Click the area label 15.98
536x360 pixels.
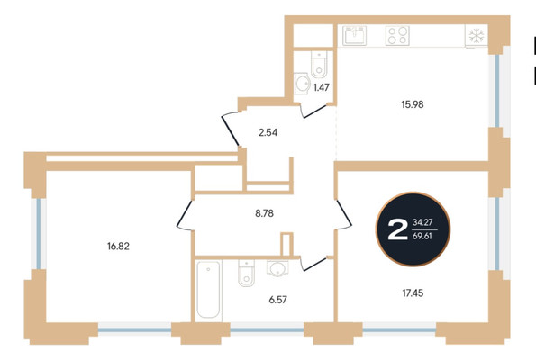[413, 104]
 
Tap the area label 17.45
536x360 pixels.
[413, 293]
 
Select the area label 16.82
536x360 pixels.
[118, 247]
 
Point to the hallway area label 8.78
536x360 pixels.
[264, 213]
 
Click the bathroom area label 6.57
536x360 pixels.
[277, 300]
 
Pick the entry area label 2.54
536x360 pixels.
[268, 132]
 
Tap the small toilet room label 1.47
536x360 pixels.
[322, 88]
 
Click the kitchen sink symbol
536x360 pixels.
[355, 35]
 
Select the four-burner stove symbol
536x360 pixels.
[397, 35]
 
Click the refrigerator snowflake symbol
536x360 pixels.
[477, 35]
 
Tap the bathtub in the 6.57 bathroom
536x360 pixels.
[208, 290]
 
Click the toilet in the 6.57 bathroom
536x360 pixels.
[247, 273]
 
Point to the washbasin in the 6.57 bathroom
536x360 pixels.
[277, 268]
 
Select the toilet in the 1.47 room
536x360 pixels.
[319, 64]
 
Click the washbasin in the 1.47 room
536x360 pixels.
[303, 83]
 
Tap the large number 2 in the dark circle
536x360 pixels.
[398, 229]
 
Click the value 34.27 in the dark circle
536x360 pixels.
[422, 222]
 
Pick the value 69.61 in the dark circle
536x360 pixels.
[422, 236]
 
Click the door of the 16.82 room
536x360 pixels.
[185, 214]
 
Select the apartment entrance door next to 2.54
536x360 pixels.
[230, 131]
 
